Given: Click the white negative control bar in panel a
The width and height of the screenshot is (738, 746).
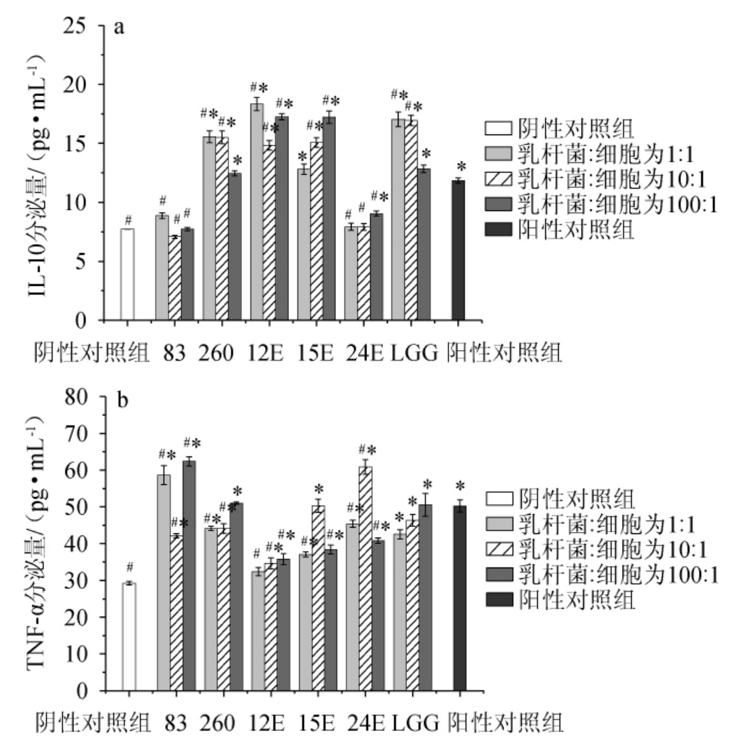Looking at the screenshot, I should (x=127, y=274).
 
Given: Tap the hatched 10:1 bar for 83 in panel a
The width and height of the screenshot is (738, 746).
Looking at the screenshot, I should (x=174, y=278).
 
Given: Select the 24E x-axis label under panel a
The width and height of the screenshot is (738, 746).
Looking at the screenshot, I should (x=363, y=351).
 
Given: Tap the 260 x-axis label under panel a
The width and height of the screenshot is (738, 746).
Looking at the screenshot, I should (x=216, y=351).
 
